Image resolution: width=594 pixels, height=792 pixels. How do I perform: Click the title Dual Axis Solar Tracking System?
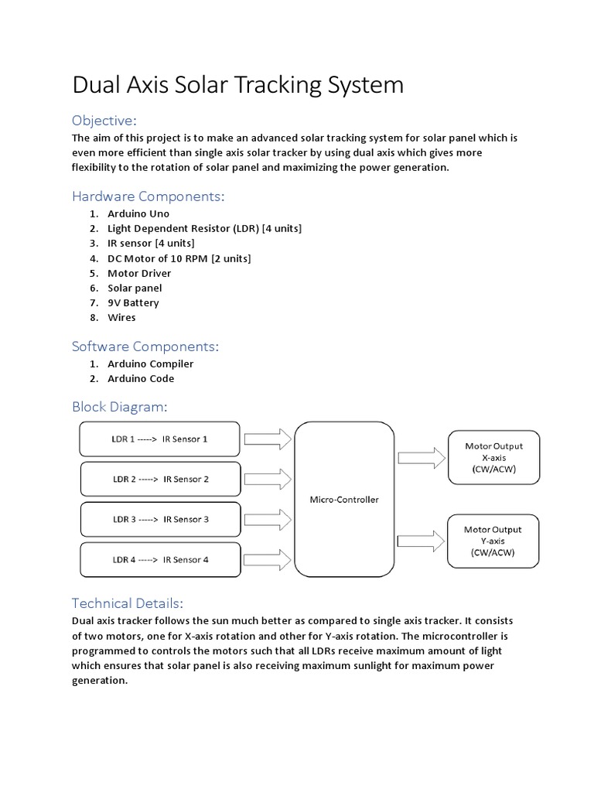pyautogui.click(x=237, y=84)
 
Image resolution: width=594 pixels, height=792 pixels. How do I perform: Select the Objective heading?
pyautogui.click(x=104, y=121)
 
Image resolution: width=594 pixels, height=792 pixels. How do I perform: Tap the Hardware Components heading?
pyautogui.click(x=148, y=196)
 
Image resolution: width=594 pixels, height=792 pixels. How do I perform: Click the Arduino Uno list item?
pyautogui.click(x=138, y=213)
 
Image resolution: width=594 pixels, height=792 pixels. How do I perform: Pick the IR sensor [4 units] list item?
pyautogui.click(x=152, y=243)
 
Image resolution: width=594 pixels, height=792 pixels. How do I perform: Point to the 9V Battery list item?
pyautogui.click(x=133, y=302)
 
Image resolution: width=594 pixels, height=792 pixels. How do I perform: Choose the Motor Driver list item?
pyautogui.click(x=139, y=273)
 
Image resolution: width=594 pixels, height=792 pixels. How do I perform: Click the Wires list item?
pyautogui.click(x=121, y=317)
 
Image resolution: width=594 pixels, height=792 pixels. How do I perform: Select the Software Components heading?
pyautogui.click(x=145, y=346)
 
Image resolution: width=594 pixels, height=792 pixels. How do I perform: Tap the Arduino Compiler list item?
pyautogui.click(x=150, y=364)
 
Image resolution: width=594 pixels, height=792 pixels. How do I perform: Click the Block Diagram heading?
pyautogui.click(x=119, y=407)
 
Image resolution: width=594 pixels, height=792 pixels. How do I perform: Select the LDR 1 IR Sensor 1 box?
pyautogui.click(x=159, y=439)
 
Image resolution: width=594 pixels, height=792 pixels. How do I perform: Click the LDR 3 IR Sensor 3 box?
pyautogui.click(x=159, y=519)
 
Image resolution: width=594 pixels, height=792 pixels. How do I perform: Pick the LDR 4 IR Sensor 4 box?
pyautogui.click(x=159, y=559)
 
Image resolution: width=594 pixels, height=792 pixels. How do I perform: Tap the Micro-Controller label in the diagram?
pyautogui.click(x=344, y=500)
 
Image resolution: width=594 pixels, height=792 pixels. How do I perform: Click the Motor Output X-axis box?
pyautogui.click(x=493, y=458)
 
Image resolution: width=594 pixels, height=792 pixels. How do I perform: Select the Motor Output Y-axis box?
pyautogui.click(x=493, y=541)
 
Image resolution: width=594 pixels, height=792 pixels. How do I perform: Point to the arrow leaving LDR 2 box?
pyautogui.click(x=268, y=480)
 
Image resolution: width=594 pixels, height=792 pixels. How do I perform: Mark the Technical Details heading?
pyautogui.click(x=127, y=603)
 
